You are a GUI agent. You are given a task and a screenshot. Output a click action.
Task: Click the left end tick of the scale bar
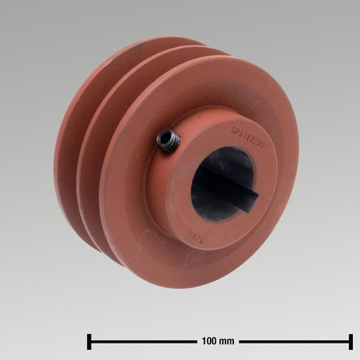[x=90, y=341]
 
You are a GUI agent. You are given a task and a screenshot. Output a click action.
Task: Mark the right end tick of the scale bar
[x=351, y=341]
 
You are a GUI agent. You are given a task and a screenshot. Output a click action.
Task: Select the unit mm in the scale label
[x=228, y=341]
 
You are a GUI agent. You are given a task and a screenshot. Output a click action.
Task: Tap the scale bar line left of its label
[x=141, y=341]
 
